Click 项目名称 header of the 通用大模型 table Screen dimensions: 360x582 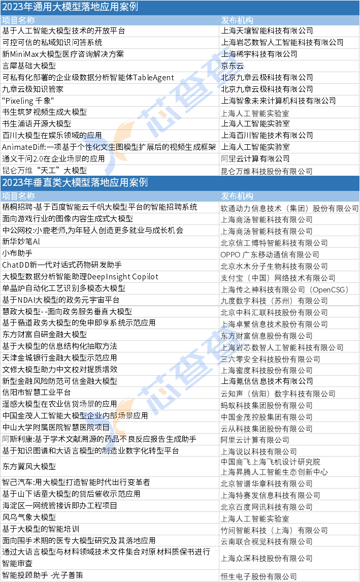point(18,20)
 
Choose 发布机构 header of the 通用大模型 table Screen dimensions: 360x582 point(237,20)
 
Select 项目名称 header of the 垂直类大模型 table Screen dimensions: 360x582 point(18,196)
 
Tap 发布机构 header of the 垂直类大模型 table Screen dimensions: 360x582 point(237,196)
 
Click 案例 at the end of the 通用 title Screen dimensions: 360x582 point(129,7)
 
